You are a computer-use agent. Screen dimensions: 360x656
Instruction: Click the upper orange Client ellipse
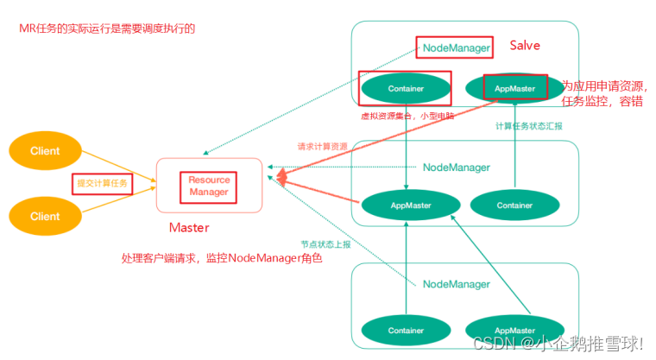point(45,151)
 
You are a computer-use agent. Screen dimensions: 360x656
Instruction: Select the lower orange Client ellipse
point(45,217)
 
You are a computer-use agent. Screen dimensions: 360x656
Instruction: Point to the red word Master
point(189,228)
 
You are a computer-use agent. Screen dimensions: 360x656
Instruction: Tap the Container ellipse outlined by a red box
point(405,88)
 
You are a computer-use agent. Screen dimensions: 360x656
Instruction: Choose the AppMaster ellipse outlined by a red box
point(515,88)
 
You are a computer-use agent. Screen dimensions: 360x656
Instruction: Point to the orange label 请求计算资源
point(322,147)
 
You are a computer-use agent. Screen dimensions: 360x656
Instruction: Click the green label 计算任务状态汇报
point(528,126)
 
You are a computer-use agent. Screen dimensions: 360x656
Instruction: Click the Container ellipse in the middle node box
point(514,205)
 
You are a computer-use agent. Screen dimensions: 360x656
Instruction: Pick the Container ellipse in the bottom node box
point(405,330)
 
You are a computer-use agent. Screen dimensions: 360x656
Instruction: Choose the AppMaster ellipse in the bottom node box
point(514,330)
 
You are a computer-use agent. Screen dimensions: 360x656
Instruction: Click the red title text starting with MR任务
point(108,28)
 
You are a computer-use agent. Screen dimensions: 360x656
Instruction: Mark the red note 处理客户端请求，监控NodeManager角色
point(221,257)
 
